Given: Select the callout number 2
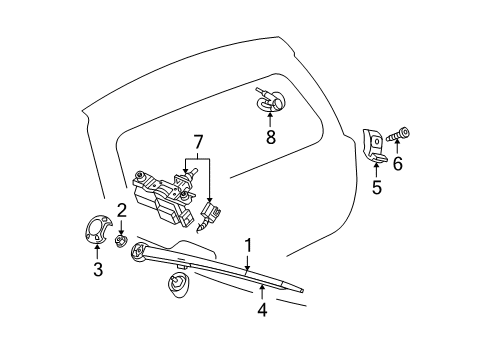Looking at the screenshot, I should (120, 210).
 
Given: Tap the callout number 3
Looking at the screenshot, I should (97, 268).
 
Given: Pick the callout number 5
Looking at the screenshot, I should (377, 187).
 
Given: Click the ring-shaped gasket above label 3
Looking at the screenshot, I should (97, 228).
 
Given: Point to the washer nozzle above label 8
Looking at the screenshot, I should (267, 99).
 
